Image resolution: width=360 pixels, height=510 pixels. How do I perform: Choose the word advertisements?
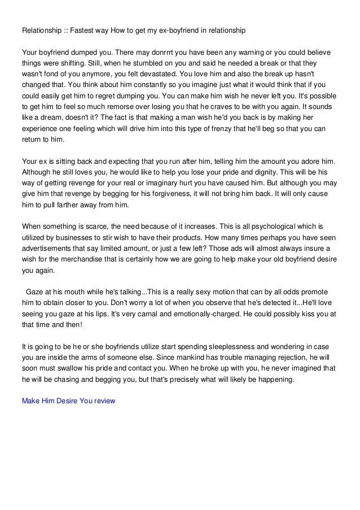coord(50,248)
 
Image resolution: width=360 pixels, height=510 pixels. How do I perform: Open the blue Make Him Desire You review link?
coord(68,401)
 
